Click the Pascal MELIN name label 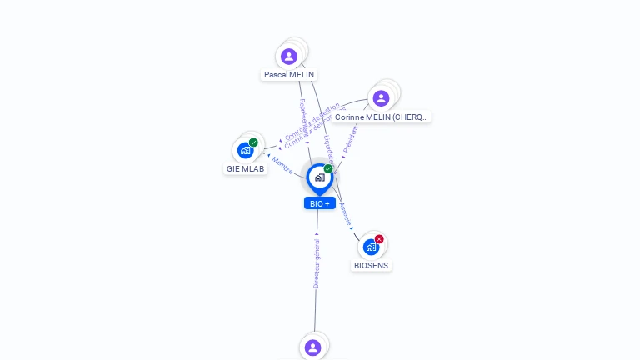[x=288, y=74]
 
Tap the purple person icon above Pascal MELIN [x=289, y=57]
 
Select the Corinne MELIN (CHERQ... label [x=382, y=117]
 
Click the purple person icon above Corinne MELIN [x=381, y=98]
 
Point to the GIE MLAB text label [x=245, y=168]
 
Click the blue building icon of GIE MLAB [x=245, y=151]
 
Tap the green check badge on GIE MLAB [x=253, y=142]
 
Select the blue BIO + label [x=320, y=203]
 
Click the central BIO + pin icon [x=319, y=177]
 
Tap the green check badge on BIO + [x=328, y=169]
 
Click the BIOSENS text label [x=371, y=266]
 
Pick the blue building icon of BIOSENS [x=371, y=247]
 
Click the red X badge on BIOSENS [x=379, y=239]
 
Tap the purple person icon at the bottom [x=312, y=347]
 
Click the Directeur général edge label [x=317, y=262]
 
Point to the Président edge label [x=351, y=139]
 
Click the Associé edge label [x=346, y=214]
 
